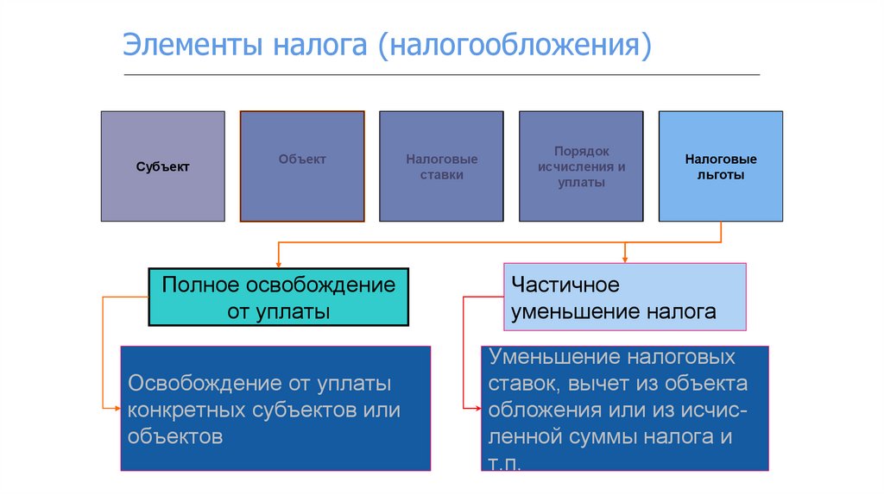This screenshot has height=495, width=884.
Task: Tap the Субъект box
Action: [162, 166]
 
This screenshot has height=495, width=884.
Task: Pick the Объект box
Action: [302, 166]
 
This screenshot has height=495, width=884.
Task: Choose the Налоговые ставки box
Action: [441, 166]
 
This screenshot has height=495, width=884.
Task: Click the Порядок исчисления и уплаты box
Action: [581, 166]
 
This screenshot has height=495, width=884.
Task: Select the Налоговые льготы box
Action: [721, 166]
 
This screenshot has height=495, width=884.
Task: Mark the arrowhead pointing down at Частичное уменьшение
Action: [624, 257]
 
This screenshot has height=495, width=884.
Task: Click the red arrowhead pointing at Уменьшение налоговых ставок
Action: [476, 407]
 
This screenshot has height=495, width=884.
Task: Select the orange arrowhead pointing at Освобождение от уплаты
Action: [115, 407]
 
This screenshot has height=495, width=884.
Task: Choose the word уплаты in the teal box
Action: [294, 311]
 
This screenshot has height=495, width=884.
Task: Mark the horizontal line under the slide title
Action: [442, 75]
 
